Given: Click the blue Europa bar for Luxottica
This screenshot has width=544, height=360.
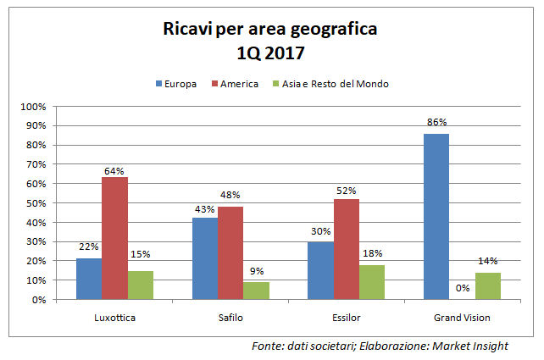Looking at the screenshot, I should [x=89, y=279].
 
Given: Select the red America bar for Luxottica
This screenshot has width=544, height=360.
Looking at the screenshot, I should [x=114, y=238].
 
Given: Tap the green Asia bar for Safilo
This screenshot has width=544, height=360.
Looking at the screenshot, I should [x=256, y=291].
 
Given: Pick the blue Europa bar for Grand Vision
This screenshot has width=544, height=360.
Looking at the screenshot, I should [x=436, y=216].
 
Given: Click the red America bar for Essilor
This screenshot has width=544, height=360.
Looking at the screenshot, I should [x=346, y=249].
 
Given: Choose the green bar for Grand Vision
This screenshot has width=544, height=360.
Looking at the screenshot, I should [x=487, y=285].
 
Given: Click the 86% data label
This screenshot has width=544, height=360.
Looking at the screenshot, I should [x=436, y=123].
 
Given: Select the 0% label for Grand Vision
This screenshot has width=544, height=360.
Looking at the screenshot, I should [x=462, y=288].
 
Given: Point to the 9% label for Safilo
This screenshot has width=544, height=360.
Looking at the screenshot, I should [x=256, y=272].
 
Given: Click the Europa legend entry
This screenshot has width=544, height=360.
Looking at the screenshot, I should [x=176, y=84].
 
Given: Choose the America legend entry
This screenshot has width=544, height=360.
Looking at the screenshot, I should [x=234, y=84].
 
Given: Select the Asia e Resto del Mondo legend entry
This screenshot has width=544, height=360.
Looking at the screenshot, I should [x=330, y=84].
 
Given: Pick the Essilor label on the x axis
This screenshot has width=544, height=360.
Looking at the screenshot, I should [x=346, y=318].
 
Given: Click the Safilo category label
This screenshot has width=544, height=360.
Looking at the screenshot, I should [x=230, y=318].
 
